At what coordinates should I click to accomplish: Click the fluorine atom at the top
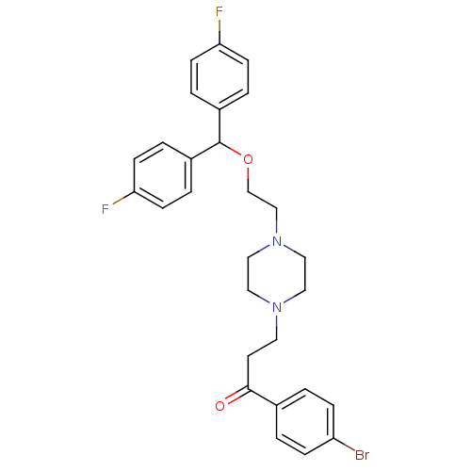pos(219,12)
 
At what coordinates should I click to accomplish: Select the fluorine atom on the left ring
pos(106,209)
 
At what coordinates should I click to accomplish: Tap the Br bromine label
pos(362,455)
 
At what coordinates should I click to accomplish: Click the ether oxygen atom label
pos(248,159)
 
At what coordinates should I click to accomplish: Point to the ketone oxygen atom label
pos(220,406)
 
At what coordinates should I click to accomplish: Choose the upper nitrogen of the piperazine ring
pos(277,241)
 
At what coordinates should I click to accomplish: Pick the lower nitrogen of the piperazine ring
pos(277,307)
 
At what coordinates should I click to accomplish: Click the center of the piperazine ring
pos(277,274)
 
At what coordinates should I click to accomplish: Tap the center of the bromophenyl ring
pos(305,422)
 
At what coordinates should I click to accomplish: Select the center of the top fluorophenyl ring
pos(219,77)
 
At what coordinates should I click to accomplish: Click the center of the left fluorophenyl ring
pos(163,175)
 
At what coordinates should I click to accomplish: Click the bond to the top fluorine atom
pos(219,32)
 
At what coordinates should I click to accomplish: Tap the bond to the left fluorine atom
pos(123,198)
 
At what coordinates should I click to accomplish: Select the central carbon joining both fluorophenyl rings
pos(219,142)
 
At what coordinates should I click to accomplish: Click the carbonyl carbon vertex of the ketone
pos(248,389)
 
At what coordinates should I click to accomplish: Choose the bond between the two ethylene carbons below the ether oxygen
pos(263,200)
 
